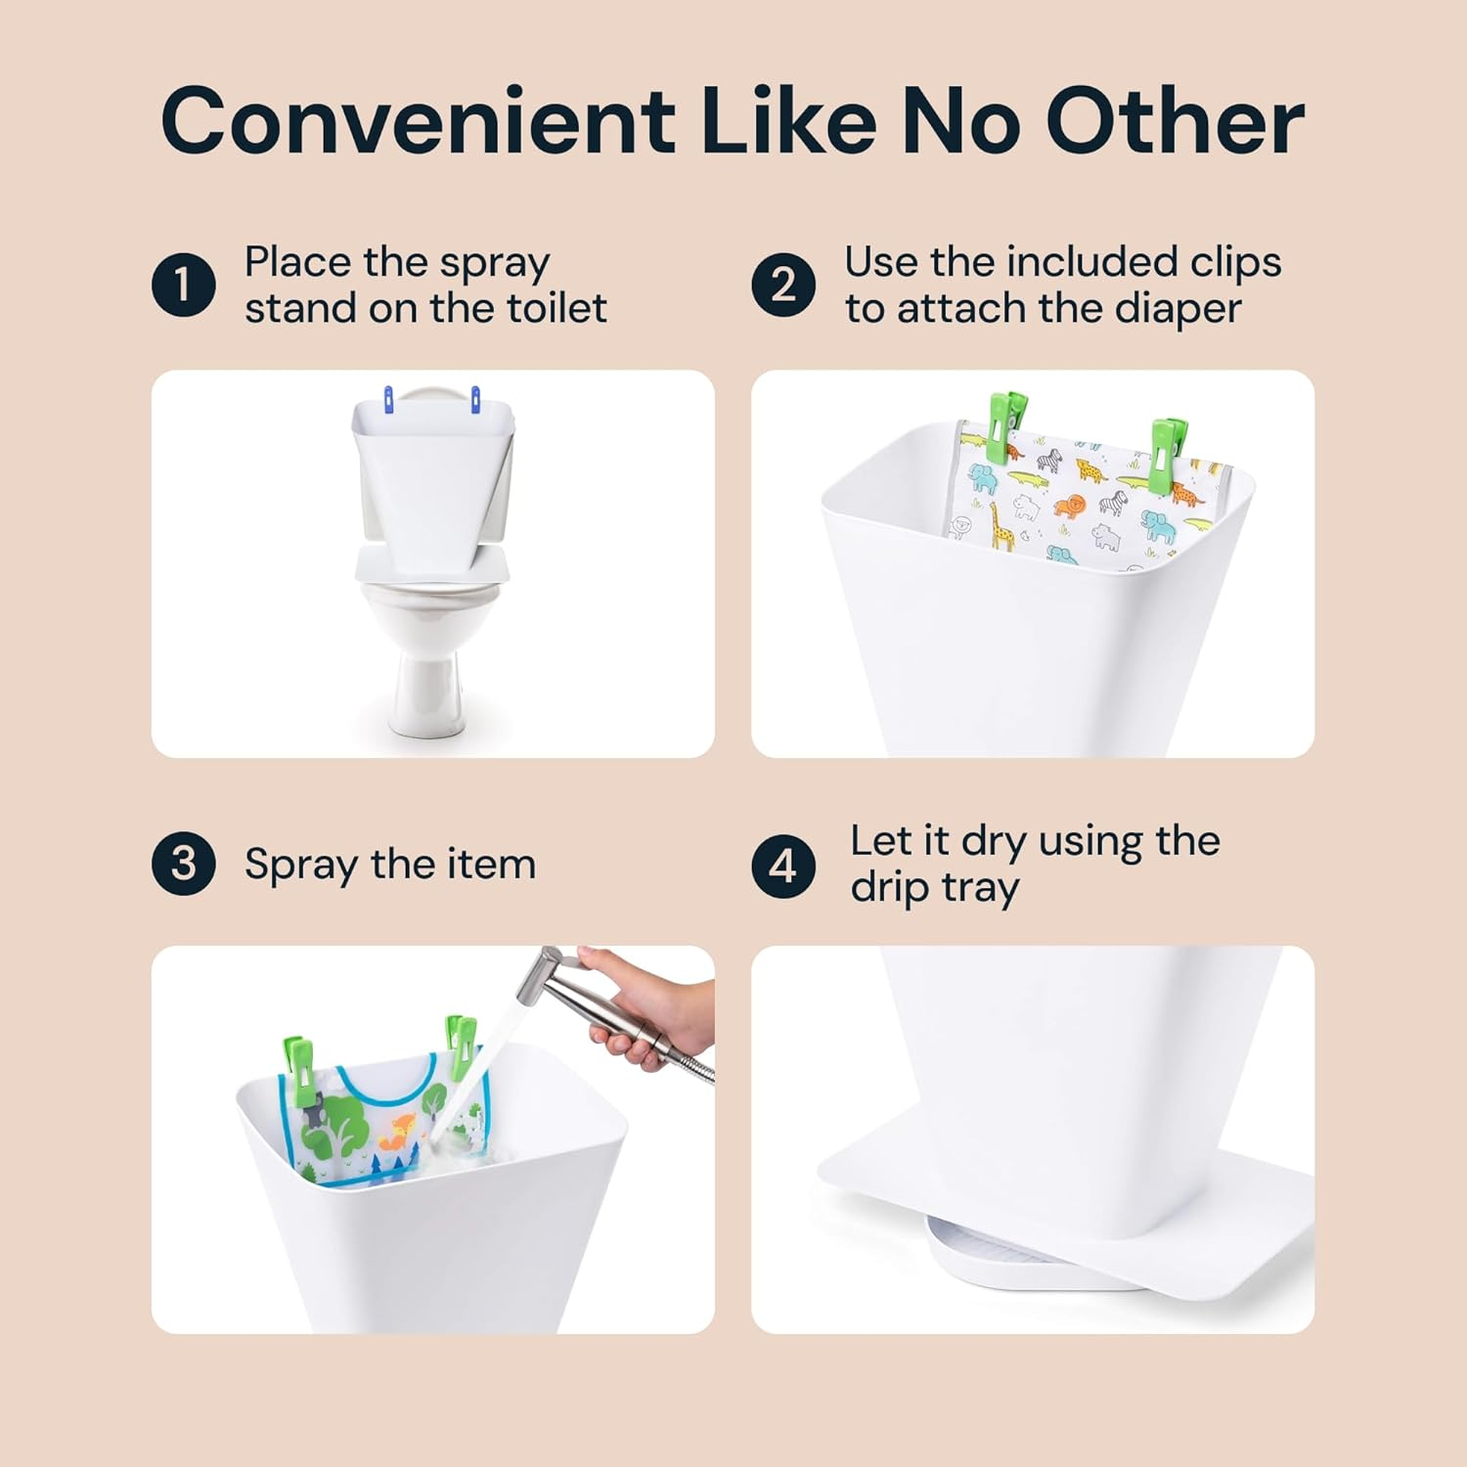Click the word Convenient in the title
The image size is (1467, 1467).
pos(418,121)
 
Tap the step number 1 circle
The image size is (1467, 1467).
pos(184,285)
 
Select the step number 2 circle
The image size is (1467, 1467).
pos(782,285)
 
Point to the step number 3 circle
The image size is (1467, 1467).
pos(184,864)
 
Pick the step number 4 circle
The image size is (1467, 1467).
pos(782,867)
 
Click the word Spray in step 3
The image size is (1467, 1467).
pos(300,866)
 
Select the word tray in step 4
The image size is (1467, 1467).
pos(980,888)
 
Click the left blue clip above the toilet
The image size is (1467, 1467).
pos(388,399)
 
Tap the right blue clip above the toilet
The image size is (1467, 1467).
pos(475,399)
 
